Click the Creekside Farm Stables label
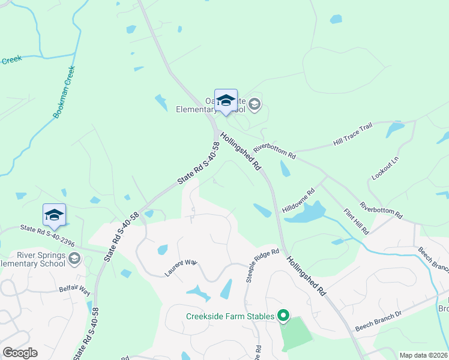click(230, 316)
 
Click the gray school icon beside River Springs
click(74, 259)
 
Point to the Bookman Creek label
click(64, 91)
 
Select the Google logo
click(20, 353)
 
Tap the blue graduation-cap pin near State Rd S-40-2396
click(54, 216)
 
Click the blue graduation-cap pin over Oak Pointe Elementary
click(226, 101)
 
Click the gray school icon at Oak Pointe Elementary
click(255, 105)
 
